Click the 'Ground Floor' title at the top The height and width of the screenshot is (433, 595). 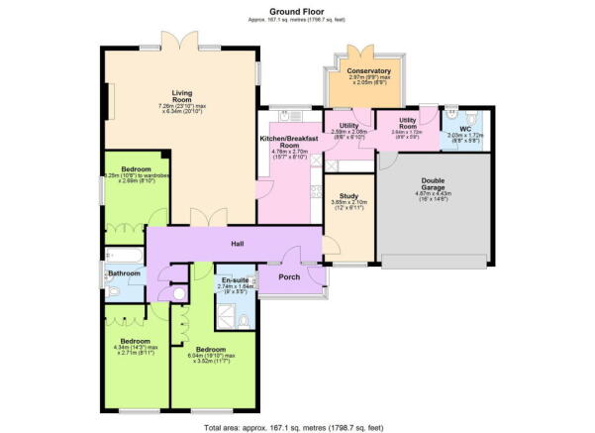coord(297,10)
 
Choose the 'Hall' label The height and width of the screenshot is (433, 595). coord(238,243)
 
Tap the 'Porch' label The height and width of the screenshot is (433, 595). coord(289,277)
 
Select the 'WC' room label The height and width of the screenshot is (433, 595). coord(464,128)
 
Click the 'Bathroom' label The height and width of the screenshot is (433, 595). coord(124,272)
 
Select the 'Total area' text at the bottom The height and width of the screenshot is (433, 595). coord(297,426)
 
